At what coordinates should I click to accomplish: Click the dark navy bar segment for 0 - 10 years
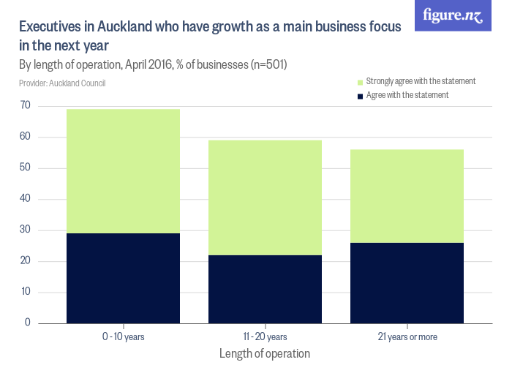tap(123, 278)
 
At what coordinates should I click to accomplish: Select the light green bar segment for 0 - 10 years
tap(123, 171)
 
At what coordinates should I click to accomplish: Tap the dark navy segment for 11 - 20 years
tap(265, 289)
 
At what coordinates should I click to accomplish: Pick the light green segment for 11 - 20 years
tap(265, 197)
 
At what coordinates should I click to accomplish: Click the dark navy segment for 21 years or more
tap(407, 282)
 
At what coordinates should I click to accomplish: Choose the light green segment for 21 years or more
tap(407, 196)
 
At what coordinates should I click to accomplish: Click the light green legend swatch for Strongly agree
tap(359, 82)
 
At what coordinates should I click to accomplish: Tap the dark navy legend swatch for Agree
tap(359, 96)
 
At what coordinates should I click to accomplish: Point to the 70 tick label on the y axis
tap(26, 106)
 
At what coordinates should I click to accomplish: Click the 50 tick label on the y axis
tap(26, 168)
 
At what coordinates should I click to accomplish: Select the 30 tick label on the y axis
tap(26, 230)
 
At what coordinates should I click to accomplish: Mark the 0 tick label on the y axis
tap(28, 323)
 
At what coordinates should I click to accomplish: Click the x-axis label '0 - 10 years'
tap(123, 337)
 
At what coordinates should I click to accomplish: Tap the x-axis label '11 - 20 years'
tap(265, 337)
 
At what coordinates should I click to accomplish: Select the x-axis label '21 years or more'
tap(407, 337)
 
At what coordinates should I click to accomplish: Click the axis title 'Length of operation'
tap(265, 353)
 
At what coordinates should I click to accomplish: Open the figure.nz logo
tap(453, 15)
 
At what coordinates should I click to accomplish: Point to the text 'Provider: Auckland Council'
tap(62, 83)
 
